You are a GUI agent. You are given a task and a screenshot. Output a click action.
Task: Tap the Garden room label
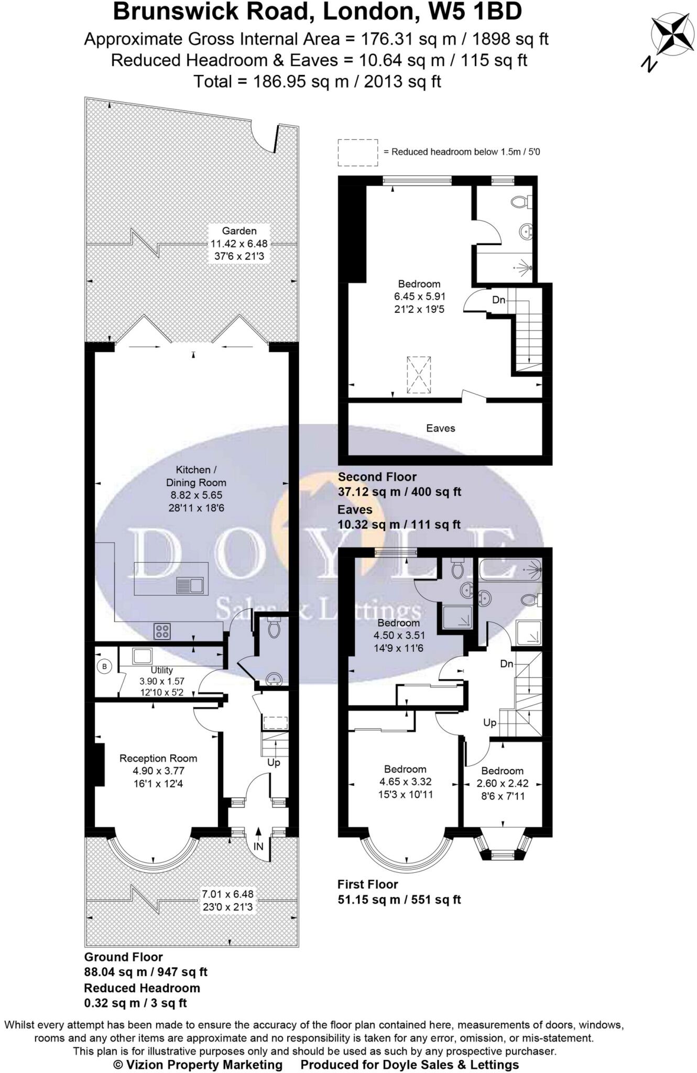(239, 231)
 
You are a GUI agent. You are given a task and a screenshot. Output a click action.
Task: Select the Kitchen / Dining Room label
(196, 476)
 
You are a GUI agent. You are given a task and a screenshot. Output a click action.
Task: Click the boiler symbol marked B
(105, 666)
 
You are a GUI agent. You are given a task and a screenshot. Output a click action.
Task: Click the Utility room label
(161, 670)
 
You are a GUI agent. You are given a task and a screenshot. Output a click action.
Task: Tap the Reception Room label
(158, 758)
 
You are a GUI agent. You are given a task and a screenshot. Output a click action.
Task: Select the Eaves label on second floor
(440, 428)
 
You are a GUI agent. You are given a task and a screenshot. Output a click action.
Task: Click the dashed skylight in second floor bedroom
(419, 375)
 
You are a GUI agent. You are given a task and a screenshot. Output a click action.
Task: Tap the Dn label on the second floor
(498, 300)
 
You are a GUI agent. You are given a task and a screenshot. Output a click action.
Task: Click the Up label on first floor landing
(489, 722)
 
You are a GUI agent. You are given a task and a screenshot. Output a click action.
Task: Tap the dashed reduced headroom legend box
(357, 152)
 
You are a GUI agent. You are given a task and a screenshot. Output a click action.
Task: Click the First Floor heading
(367, 884)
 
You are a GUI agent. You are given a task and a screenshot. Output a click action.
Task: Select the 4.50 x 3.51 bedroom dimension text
(398, 636)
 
